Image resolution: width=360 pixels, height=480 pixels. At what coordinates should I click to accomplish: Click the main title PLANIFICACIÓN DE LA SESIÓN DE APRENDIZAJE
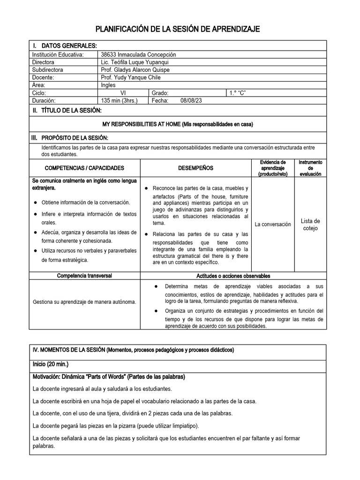point(178,30)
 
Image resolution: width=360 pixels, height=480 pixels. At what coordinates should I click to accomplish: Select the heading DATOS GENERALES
point(69,45)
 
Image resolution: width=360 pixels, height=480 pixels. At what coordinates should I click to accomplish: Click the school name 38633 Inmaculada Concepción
point(138,54)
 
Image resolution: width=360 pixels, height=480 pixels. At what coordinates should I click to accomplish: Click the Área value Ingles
point(109,85)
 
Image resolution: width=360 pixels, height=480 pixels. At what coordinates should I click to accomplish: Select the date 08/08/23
point(191,101)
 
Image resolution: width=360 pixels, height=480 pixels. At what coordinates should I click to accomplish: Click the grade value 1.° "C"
point(237,93)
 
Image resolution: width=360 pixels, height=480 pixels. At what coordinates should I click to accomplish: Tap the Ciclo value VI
point(123,93)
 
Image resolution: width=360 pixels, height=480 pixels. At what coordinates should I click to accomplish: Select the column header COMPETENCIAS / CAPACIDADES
point(84,168)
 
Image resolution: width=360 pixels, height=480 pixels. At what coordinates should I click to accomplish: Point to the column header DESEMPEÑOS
point(195,168)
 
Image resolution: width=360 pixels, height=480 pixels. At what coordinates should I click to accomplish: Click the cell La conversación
point(272,225)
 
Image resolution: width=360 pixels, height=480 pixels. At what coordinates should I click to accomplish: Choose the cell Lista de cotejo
point(310,225)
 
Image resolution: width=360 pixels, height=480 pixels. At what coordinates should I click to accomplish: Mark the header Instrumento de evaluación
point(310,168)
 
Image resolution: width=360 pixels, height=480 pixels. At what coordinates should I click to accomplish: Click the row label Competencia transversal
point(84,276)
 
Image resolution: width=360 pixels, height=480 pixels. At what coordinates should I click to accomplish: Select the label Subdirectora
point(48,70)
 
